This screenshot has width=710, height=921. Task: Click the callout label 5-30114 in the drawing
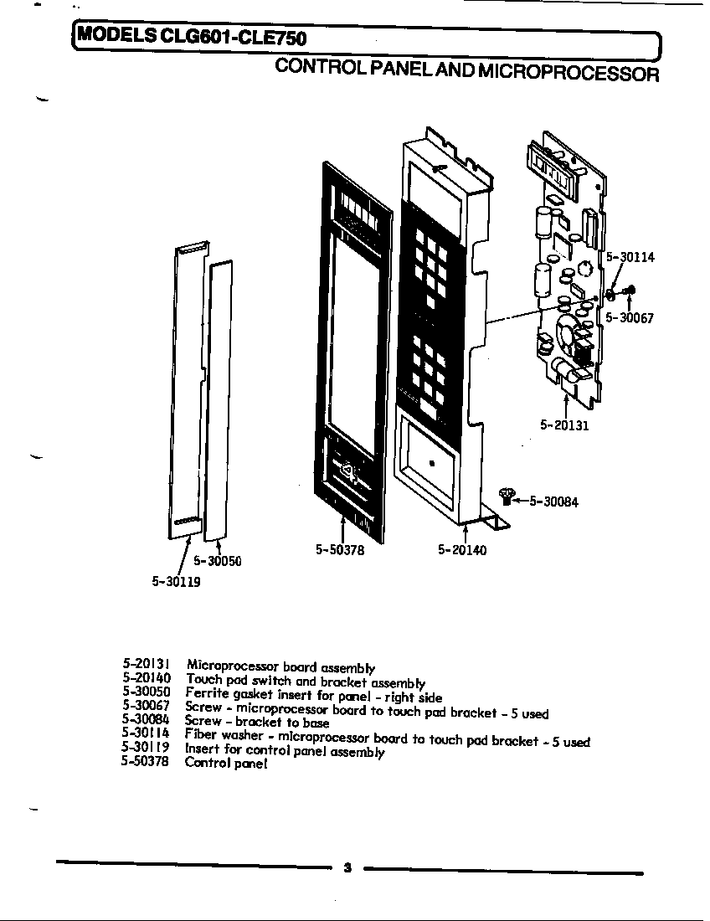click(x=630, y=258)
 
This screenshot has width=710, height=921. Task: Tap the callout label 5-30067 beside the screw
click(x=630, y=318)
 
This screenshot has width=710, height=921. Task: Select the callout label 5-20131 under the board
click(x=564, y=425)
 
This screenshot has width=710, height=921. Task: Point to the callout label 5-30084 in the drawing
click(x=553, y=502)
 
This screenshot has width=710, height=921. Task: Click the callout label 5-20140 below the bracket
click(x=461, y=550)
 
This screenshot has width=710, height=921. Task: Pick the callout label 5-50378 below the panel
click(x=340, y=550)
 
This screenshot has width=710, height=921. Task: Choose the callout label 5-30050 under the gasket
click(x=218, y=561)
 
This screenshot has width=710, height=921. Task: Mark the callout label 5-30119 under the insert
click(x=176, y=582)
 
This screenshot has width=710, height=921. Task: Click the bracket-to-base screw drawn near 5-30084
click(x=506, y=497)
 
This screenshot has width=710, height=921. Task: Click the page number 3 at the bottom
click(x=347, y=868)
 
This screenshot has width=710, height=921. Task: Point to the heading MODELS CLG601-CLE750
click(x=193, y=38)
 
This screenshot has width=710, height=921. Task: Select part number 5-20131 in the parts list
click(x=147, y=664)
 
